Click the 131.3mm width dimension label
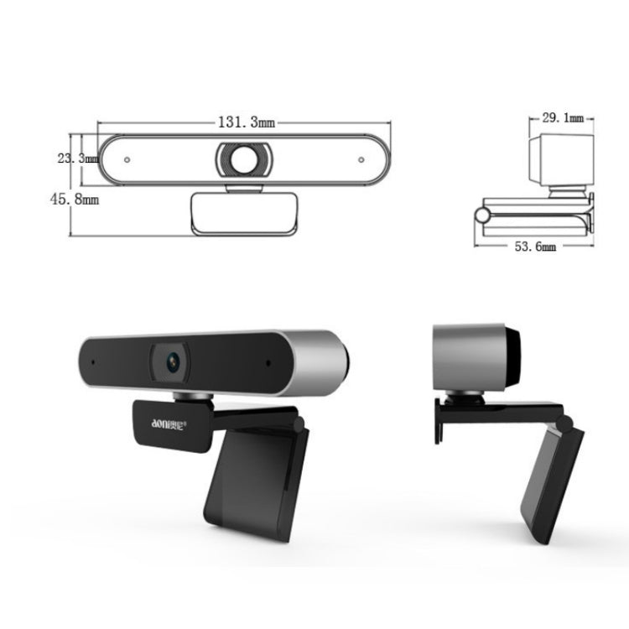[x=247, y=122]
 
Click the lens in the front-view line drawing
[x=246, y=159]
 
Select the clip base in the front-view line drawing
[x=245, y=214]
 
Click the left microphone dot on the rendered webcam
[x=92, y=361]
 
